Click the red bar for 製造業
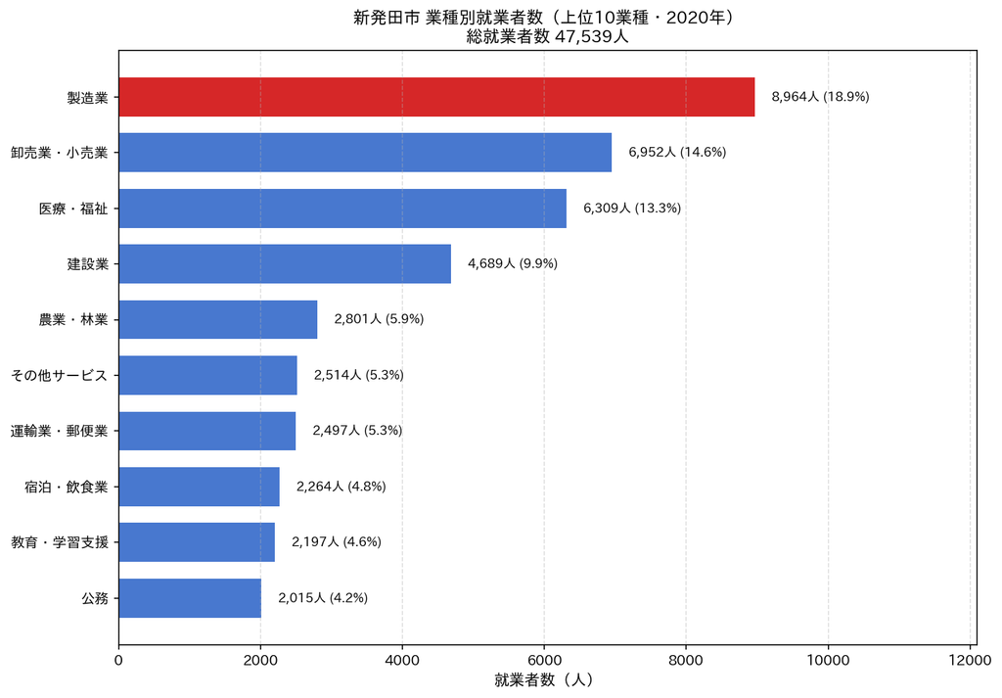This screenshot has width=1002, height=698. [x=436, y=97]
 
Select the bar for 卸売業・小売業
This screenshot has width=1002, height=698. [x=365, y=152]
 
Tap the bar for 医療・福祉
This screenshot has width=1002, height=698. [x=342, y=209]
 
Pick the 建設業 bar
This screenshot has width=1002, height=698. [x=285, y=263]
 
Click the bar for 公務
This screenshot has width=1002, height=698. [x=190, y=598]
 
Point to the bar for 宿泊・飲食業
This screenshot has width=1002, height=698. [x=199, y=487]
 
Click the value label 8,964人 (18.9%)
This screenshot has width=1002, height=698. [x=821, y=97]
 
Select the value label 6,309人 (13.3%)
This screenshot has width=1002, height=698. [x=632, y=209]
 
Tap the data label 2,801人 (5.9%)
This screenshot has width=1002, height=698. [x=379, y=319]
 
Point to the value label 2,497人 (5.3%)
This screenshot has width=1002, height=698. [x=357, y=431]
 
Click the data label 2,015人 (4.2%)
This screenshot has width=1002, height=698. [x=323, y=598]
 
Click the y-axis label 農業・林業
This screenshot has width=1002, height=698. [x=73, y=319]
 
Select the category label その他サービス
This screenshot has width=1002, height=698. [x=60, y=375]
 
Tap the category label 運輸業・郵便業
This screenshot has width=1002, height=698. [x=60, y=431]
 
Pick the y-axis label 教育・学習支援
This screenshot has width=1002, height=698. [x=60, y=542]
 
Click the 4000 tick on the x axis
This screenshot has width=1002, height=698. [x=402, y=660]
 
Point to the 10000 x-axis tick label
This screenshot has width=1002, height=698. [x=828, y=660]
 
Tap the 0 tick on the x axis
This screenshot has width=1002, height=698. [x=118, y=660]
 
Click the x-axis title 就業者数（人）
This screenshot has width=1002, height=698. [x=543, y=680]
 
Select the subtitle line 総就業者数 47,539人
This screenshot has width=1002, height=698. [x=548, y=36]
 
